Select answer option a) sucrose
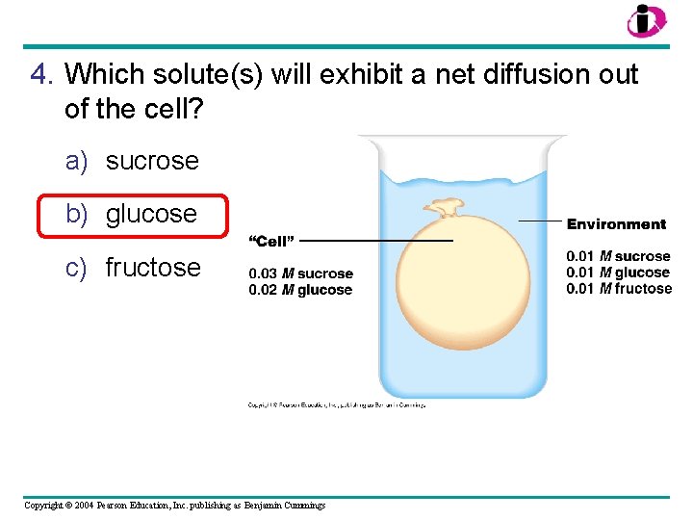tap(132, 161)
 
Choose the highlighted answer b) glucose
tap(132, 214)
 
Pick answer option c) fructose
tap(133, 267)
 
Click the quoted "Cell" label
tap(271, 241)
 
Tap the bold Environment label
tap(616, 224)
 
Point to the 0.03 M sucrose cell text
tap(300, 274)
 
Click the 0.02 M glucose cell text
tap(300, 290)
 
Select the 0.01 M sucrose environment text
tap(618, 256)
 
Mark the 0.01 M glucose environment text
tap(618, 273)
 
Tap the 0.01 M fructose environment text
tap(619, 289)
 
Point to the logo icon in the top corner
tap(646, 20)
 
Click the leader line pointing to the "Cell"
tap(375, 241)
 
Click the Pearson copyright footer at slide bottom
tap(174, 506)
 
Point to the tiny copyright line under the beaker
tap(336, 405)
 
